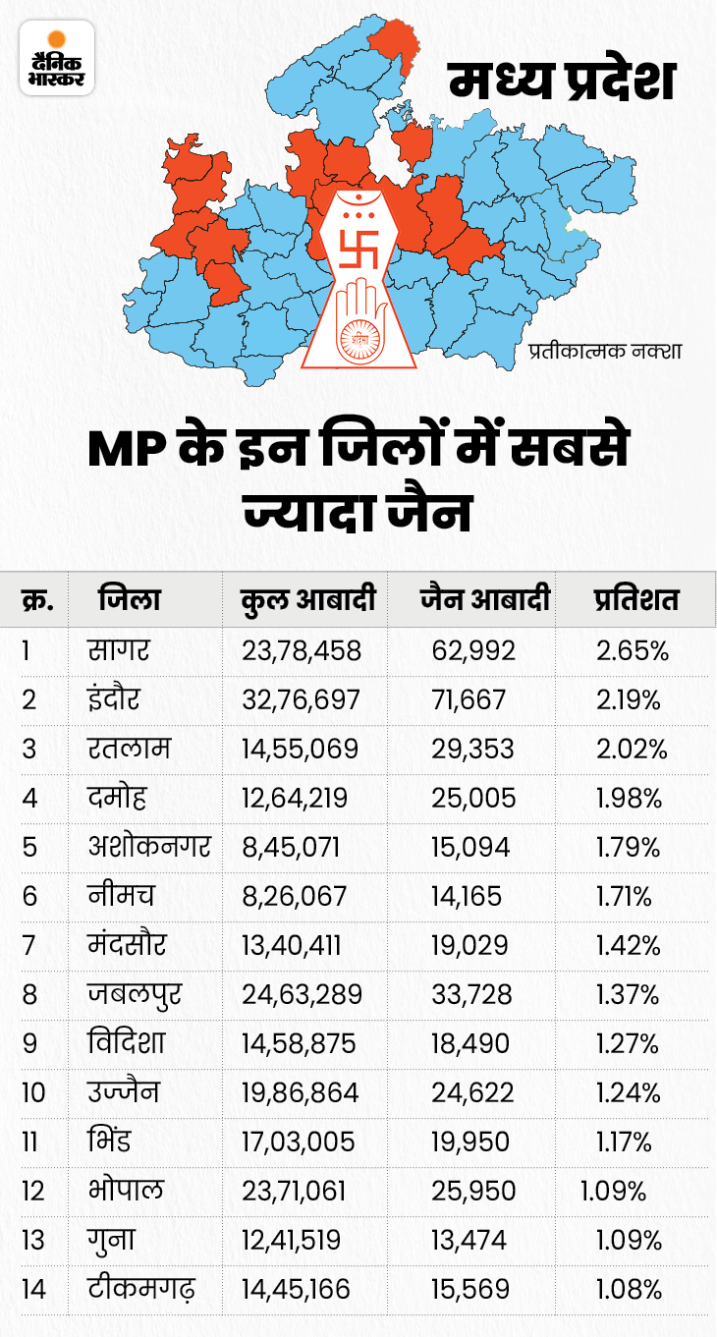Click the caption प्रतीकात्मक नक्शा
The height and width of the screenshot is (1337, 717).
click(605, 349)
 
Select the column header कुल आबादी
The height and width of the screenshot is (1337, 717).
click(309, 599)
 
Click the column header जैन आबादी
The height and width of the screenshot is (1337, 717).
click(484, 599)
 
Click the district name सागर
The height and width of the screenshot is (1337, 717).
click(121, 649)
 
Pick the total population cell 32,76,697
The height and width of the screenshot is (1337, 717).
click(302, 699)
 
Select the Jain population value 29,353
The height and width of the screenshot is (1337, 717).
click(472, 749)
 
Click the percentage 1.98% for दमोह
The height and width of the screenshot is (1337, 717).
click(629, 798)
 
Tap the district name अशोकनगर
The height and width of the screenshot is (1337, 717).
click(147, 846)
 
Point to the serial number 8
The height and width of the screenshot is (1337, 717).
click(29, 994)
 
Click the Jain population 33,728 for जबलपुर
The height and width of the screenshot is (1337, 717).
click(472, 994)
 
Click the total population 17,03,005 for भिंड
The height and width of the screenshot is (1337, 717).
click(301, 1142)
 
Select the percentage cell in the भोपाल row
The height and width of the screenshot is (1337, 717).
click(613, 1192)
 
